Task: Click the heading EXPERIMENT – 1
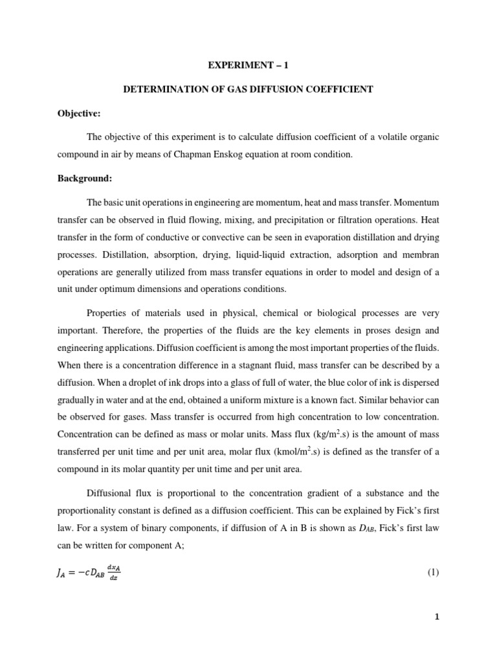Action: tap(248, 65)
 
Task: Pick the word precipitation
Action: tap(293, 237)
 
